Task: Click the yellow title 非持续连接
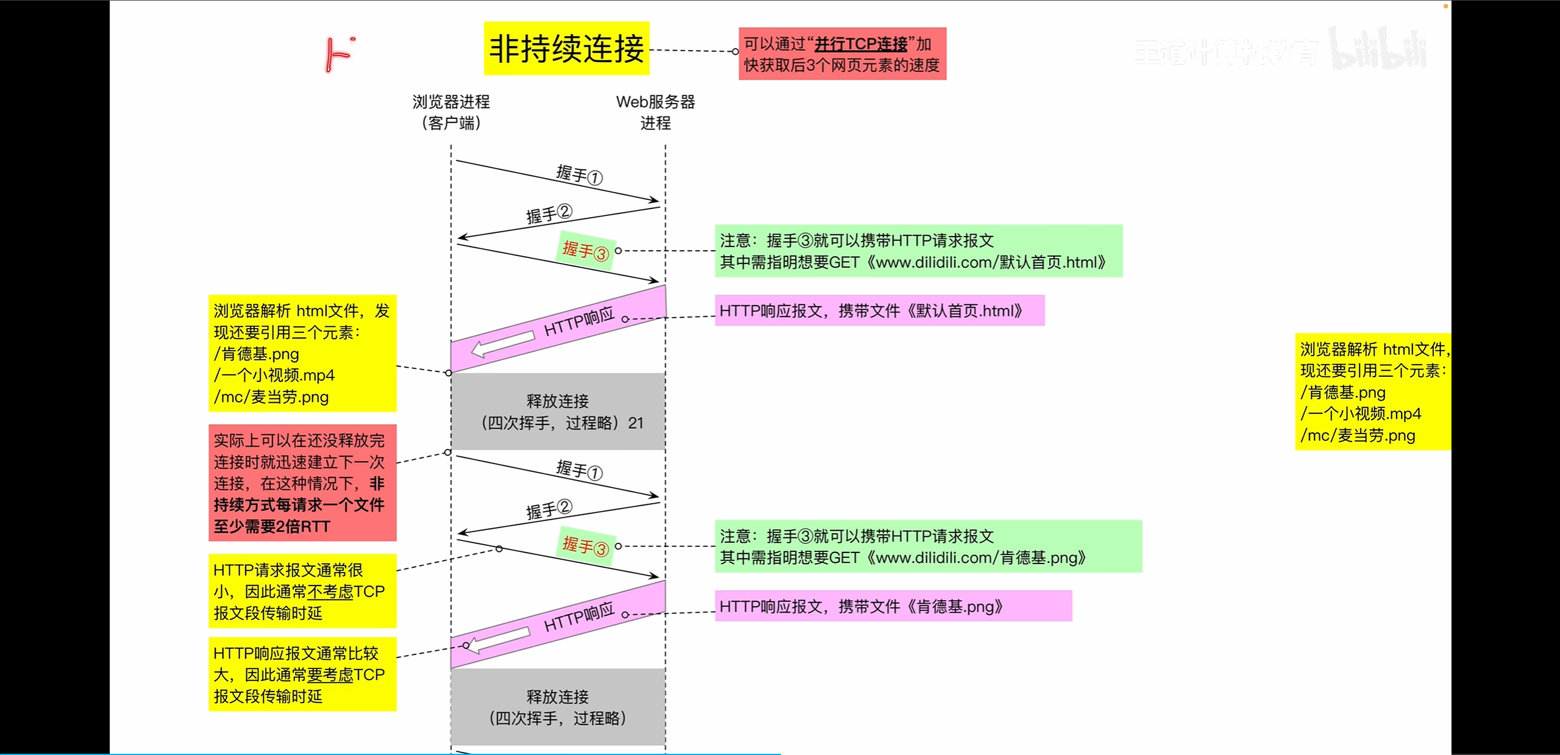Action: pyautogui.click(x=566, y=49)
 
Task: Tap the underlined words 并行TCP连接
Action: pyautogui.click(x=861, y=44)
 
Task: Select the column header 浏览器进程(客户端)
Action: pyautogui.click(x=451, y=112)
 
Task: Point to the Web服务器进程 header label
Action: pyautogui.click(x=655, y=112)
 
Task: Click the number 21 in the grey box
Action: pyautogui.click(x=636, y=423)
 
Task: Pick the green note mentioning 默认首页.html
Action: pyautogui.click(x=918, y=251)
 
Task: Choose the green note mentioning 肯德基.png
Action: pyautogui.click(x=928, y=546)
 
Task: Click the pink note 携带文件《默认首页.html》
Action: pyautogui.click(x=879, y=311)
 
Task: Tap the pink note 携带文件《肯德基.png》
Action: pyautogui.click(x=893, y=606)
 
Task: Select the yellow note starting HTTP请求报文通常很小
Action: pyautogui.click(x=302, y=591)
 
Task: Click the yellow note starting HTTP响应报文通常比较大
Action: pyautogui.click(x=302, y=674)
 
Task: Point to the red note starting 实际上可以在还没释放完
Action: pyautogui.click(x=302, y=482)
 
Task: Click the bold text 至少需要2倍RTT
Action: pyautogui.click(x=272, y=526)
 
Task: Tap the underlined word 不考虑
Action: pyautogui.click(x=330, y=592)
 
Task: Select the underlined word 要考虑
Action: pyautogui.click(x=330, y=674)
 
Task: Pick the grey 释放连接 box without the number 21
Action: pyautogui.click(x=558, y=707)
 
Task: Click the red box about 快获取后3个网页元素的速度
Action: pyautogui.click(x=842, y=54)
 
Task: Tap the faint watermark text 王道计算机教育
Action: pyautogui.click(x=1225, y=52)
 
